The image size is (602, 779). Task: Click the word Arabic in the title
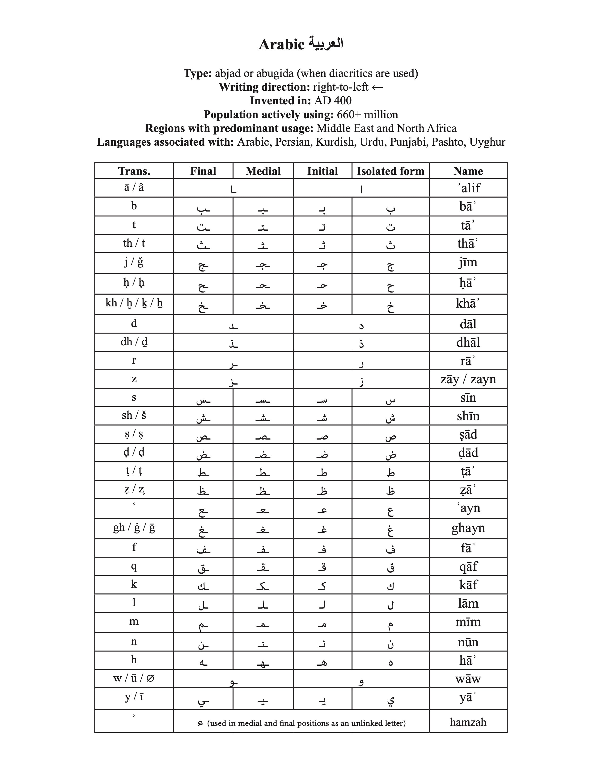pyautogui.click(x=281, y=45)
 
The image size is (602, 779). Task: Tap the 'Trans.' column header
pyautogui.click(x=134, y=171)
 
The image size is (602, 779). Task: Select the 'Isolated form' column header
pyautogui.click(x=390, y=171)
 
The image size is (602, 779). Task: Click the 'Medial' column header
pyautogui.click(x=263, y=171)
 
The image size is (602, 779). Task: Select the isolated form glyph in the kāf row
pyautogui.click(x=390, y=586)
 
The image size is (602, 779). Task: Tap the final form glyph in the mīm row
pyautogui.click(x=203, y=624)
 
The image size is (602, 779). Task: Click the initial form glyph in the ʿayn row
pyautogui.click(x=322, y=510)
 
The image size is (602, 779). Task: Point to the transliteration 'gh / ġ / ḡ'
pyautogui.click(x=134, y=528)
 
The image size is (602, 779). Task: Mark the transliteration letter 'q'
pyautogui.click(x=134, y=566)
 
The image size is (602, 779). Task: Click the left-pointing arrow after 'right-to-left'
pyautogui.click(x=377, y=87)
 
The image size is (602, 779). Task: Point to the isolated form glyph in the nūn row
pyautogui.click(x=390, y=643)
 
